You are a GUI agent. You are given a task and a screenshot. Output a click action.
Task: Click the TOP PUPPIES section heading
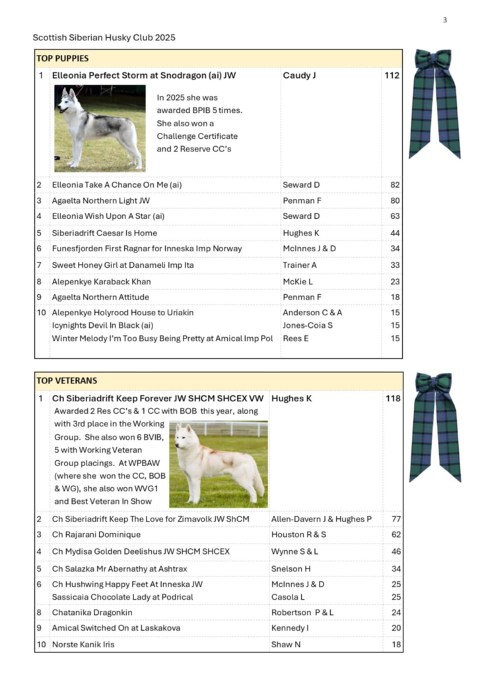(x=63, y=58)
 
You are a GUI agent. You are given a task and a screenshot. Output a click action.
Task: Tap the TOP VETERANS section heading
(x=67, y=381)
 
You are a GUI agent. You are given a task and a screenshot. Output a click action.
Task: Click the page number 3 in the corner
(x=444, y=20)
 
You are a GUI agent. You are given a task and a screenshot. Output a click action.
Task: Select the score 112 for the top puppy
(x=392, y=75)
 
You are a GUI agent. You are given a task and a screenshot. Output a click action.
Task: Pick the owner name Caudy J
(x=299, y=75)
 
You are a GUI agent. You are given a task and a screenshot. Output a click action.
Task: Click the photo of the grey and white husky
(x=100, y=128)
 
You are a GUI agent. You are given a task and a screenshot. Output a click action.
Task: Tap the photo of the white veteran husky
(x=219, y=464)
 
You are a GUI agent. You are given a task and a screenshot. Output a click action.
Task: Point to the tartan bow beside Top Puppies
(x=434, y=102)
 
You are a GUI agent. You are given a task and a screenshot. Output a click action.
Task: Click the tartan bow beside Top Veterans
(x=434, y=426)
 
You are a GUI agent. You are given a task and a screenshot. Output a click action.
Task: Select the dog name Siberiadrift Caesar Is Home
(x=104, y=233)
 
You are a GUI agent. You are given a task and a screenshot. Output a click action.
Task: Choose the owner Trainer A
(x=300, y=265)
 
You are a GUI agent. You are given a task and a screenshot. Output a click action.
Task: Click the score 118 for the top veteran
(x=392, y=399)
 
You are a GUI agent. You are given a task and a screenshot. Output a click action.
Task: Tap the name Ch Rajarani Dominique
(x=96, y=534)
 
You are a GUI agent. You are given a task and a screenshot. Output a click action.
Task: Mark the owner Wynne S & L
(x=294, y=551)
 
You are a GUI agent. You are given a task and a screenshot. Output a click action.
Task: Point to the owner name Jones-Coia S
(x=308, y=325)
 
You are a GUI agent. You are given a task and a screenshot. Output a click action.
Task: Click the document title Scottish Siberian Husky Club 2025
(x=104, y=38)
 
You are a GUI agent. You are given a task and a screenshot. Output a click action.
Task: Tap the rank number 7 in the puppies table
(x=40, y=265)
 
